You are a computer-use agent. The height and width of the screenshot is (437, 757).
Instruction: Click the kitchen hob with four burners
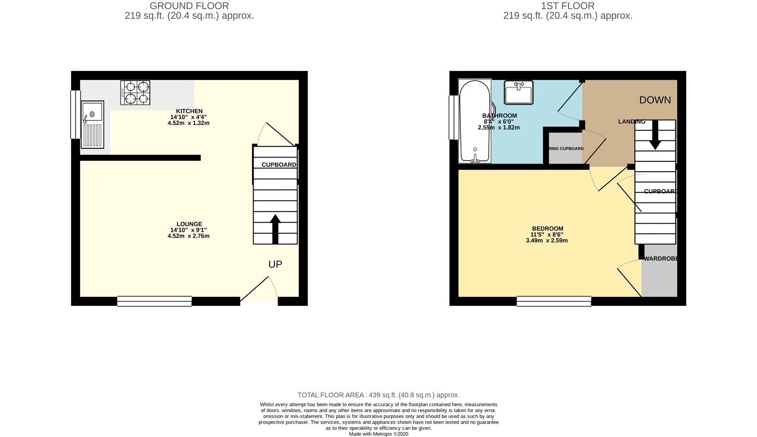135,92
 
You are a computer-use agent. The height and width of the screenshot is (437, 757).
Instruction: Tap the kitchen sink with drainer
92,124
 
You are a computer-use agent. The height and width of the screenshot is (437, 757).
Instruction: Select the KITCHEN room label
189,111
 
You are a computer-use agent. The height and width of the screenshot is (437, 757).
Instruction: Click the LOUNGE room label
189,224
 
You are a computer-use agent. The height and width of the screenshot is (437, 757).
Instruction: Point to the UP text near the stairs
275,264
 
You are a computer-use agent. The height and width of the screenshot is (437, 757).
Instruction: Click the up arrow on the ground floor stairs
275,229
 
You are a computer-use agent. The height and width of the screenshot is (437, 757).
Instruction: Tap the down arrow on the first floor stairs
655,135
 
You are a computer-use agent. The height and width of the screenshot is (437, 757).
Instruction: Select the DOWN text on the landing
655,100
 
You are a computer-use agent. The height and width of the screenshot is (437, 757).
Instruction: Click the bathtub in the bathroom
475,122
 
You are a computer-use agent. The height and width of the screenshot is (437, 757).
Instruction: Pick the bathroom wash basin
519,92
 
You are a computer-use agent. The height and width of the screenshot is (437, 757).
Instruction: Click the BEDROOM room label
547,228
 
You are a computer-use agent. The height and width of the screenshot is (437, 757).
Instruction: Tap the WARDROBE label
660,259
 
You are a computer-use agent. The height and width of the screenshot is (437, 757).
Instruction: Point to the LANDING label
632,122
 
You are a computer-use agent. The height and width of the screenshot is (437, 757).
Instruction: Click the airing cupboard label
566,149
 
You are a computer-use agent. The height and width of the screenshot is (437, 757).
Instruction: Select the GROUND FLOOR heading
189,6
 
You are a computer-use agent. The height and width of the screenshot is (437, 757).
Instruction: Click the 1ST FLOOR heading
568,6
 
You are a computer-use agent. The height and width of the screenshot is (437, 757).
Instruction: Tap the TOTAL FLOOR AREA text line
378,395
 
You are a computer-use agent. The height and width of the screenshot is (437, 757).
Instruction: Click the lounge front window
154,301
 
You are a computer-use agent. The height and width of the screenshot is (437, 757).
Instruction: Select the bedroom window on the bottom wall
554,301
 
